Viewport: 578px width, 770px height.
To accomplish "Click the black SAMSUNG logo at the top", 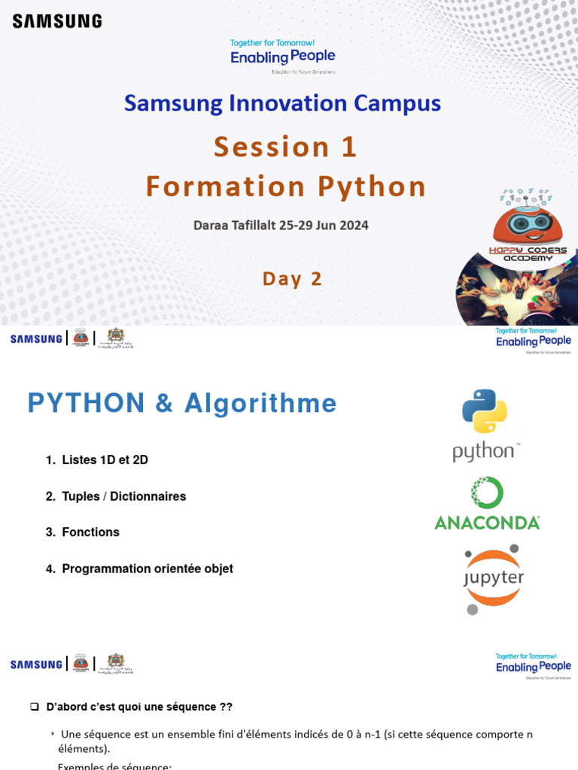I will tap(57, 21).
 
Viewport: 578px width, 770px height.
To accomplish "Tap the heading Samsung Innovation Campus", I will tap(282, 103).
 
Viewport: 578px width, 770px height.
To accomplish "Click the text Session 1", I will tap(284, 147).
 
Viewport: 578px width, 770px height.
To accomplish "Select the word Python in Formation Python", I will tap(371, 186).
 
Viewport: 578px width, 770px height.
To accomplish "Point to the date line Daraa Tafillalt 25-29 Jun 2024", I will tap(281, 225).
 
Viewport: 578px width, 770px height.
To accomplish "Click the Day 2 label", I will tap(292, 279).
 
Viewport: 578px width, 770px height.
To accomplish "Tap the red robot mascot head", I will tap(527, 226).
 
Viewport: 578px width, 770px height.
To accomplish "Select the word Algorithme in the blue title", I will tap(259, 404).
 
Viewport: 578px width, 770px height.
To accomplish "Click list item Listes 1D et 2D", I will tap(105, 459).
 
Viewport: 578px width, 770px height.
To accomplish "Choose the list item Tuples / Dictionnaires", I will tap(123, 496).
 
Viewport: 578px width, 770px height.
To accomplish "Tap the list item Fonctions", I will tap(90, 532).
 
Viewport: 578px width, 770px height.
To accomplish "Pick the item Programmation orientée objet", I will tap(147, 568).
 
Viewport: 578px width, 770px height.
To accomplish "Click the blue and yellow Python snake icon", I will tap(484, 411).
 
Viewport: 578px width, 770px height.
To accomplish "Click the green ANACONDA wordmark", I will tap(487, 523).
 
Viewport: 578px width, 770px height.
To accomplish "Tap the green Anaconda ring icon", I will tap(486, 493).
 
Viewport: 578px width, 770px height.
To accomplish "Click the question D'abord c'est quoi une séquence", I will tap(139, 707).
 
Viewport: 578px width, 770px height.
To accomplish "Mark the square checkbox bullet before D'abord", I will tap(34, 707).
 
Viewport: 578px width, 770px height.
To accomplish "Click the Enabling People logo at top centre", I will tap(282, 56).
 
